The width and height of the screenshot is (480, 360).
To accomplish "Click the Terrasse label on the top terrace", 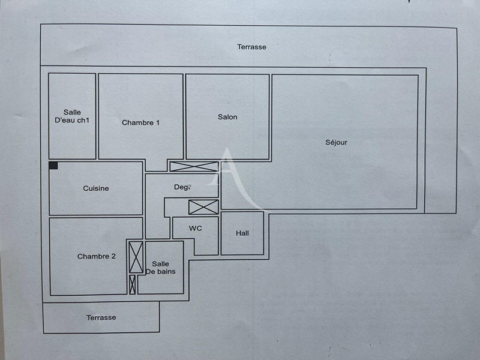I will point(251,47).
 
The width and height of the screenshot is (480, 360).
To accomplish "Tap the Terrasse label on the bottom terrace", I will point(101,317).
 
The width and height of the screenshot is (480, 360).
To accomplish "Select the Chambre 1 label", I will point(140,123).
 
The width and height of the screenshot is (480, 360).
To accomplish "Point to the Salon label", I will point(227,117).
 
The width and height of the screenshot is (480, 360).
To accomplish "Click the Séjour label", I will point(336,143).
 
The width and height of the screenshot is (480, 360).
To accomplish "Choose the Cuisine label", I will point(96,188).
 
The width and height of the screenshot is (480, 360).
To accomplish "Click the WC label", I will point(195,229).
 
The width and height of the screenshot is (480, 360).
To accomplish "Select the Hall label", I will point(242,233).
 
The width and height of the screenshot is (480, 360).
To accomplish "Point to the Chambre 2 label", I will point(97,257).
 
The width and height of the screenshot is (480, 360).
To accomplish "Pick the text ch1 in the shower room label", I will point(83,120).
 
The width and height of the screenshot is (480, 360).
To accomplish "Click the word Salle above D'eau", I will point(72,112).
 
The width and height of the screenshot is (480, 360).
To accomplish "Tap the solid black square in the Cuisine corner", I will point(53,166).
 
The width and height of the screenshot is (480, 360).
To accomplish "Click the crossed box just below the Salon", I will point(194,167).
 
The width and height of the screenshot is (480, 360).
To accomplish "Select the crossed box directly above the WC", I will point(203,207).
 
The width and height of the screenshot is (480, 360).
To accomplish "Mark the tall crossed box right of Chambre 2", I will point(136,257).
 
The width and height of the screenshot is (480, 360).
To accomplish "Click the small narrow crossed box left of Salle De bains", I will point(132,284).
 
